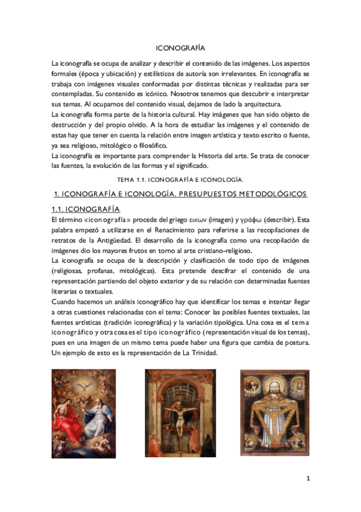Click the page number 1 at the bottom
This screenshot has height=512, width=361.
point(308,479)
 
